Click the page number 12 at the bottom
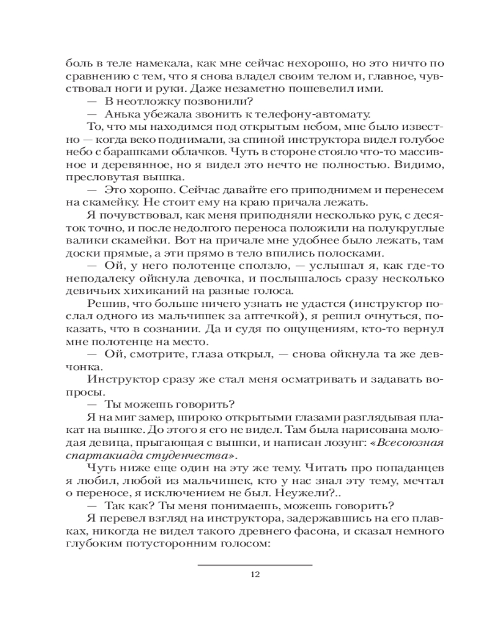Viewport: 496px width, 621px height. (x=254, y=574)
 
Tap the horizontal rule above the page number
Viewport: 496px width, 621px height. (x=254, y=564)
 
